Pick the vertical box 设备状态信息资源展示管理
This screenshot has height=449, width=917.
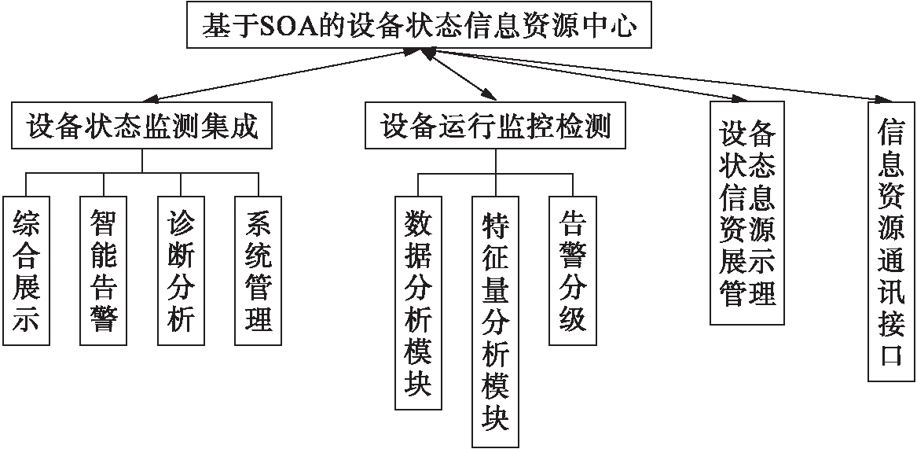747,213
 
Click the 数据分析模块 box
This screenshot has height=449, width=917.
418,303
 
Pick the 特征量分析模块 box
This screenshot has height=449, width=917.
496,322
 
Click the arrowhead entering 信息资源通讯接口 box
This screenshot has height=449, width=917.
882,99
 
